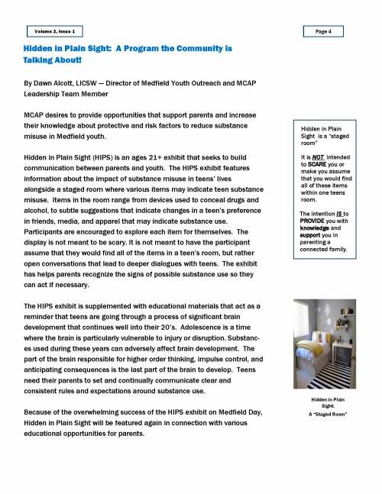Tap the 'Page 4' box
click(328, 31)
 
